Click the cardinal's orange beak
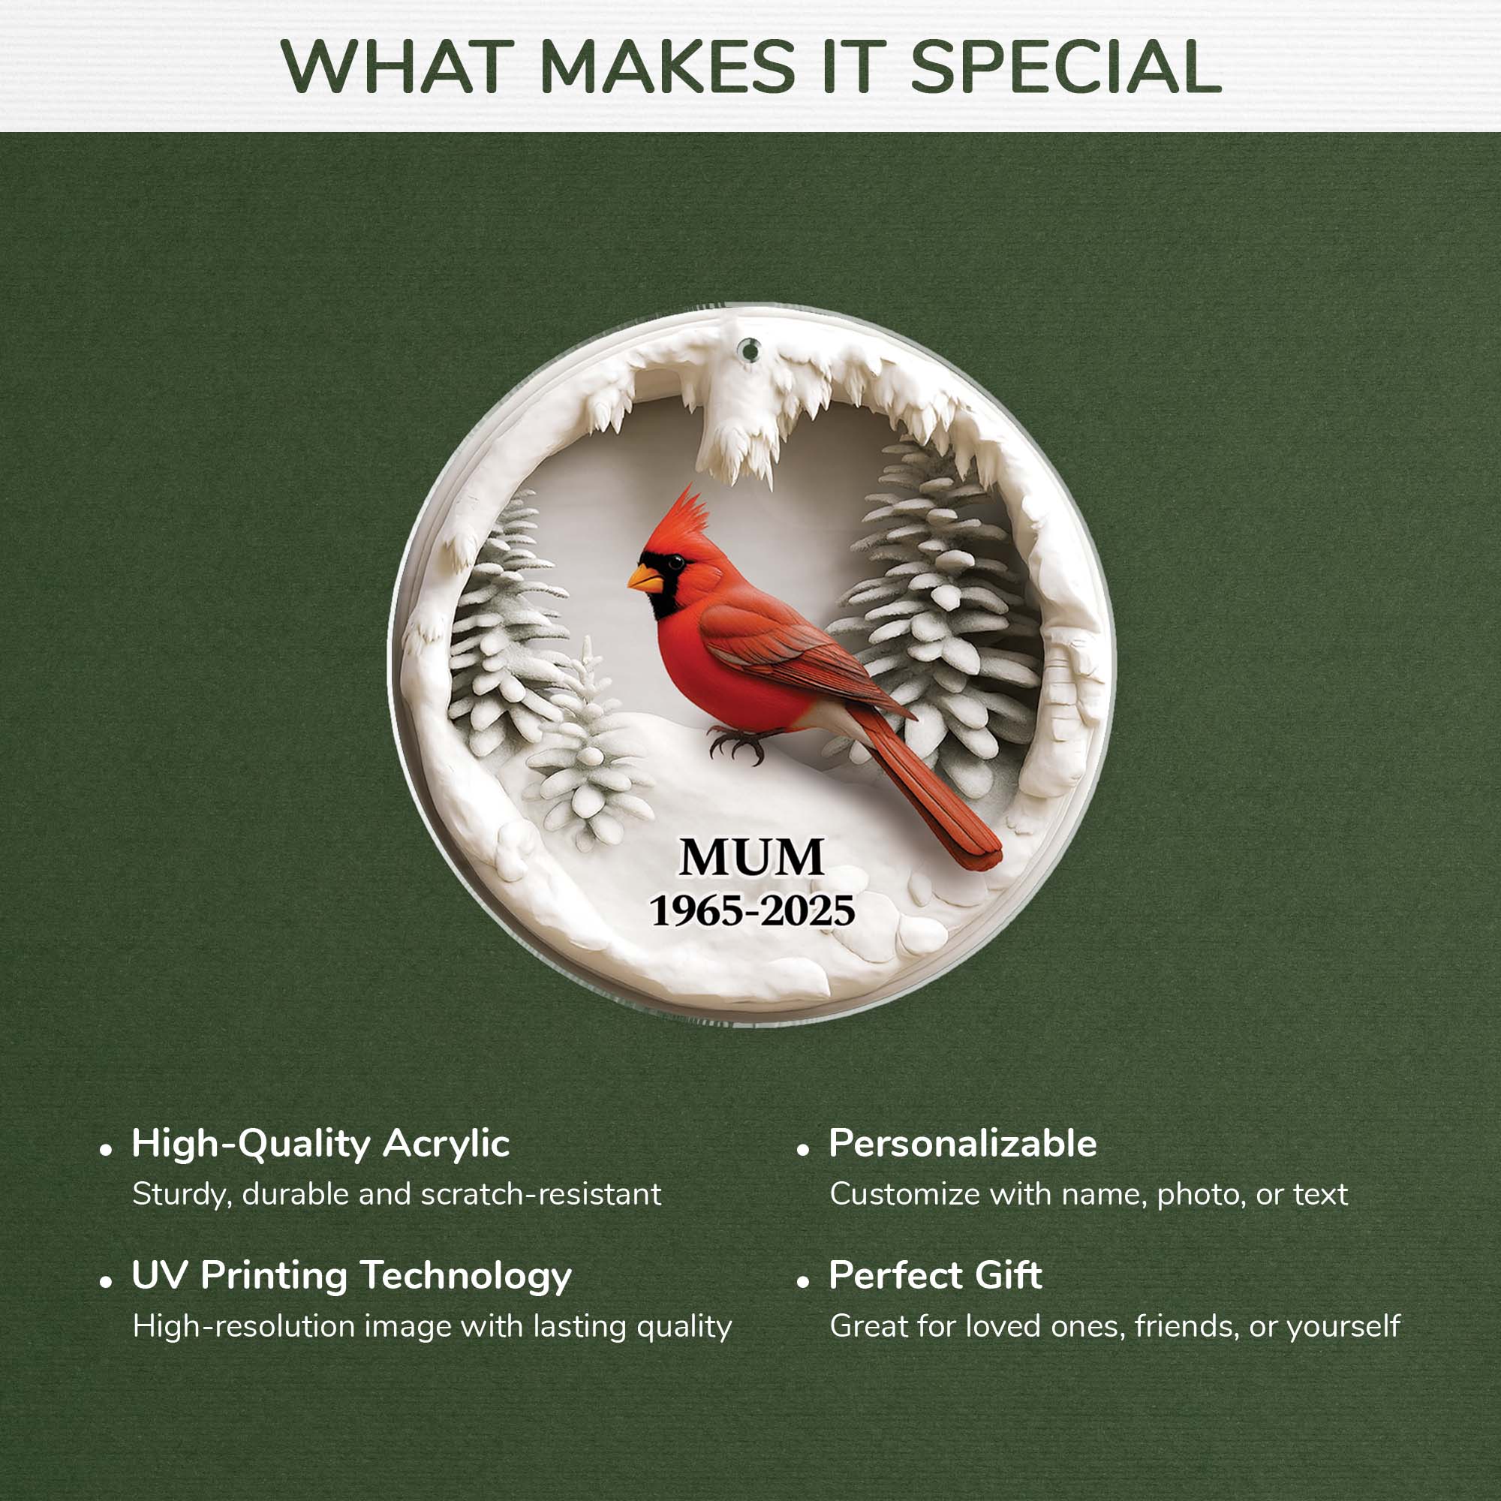644,578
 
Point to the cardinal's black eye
676,561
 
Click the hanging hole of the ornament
750,351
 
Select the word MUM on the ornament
751,858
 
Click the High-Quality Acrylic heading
320,1144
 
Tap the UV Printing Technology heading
351,1276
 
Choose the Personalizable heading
962,1144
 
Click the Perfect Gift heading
934,1276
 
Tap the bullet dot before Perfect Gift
802,1283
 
